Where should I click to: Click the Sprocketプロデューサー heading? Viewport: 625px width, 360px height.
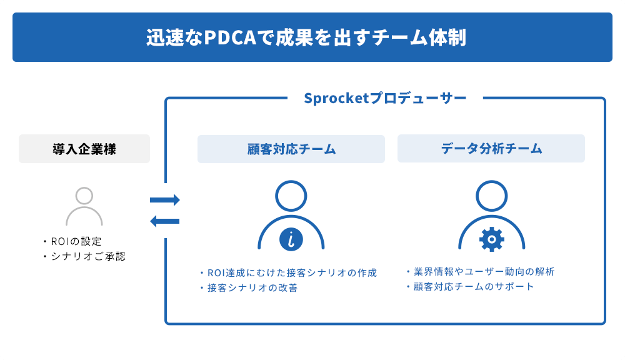pos(385,98)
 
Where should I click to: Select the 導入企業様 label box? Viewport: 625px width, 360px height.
pos(84,149)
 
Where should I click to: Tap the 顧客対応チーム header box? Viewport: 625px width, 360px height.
pos(291,149)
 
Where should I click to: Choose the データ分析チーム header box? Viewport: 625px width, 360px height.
pos(491,149)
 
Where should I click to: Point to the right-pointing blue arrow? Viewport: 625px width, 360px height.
pos(165,200)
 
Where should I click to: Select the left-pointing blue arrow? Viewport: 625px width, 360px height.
pos(164,221)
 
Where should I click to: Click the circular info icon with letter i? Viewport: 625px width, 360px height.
pos(291,239)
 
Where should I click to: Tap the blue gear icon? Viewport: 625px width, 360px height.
pos(491,239)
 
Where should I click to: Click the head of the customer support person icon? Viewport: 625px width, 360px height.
pos(291,196)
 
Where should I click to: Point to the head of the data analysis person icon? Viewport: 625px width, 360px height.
pos(491,196)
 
